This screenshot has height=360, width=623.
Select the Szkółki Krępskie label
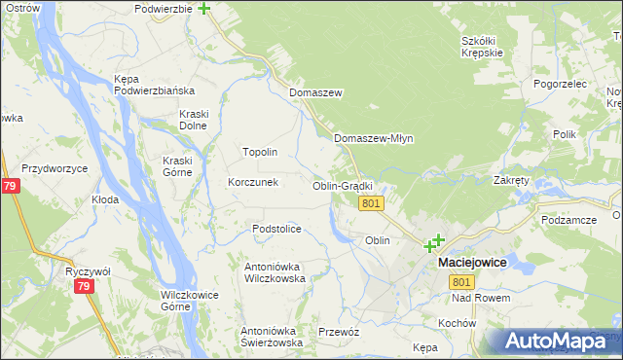483,47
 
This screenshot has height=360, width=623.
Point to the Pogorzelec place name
560,84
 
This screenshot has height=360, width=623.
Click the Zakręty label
511,180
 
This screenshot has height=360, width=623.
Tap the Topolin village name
260,153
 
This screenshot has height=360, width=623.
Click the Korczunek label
253,182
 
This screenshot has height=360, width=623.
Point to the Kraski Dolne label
195,120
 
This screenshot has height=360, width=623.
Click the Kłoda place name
105,199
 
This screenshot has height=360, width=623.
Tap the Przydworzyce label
55,168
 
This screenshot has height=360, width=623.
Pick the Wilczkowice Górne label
188,300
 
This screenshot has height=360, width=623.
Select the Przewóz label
339,332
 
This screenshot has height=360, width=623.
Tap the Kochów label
456,323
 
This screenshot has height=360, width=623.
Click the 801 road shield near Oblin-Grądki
370,203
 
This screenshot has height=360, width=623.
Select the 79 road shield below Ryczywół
84,287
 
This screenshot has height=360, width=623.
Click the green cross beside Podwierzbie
204,9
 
